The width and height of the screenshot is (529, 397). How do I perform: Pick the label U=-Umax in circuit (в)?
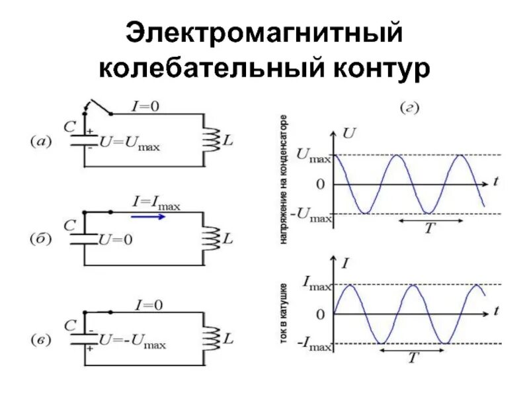(132, 343)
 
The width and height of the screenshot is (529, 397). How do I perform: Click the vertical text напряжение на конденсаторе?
(283, 180)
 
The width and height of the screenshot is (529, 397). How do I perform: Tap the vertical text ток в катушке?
(283, 314)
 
